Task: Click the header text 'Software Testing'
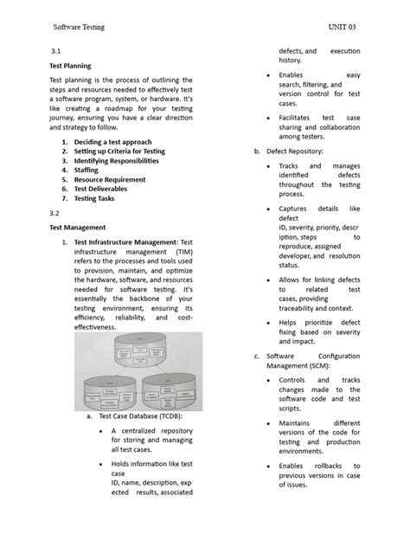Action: point(80,27)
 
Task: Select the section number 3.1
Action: point(54,52)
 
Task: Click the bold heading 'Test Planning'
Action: point(69,65)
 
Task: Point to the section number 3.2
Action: point(54,211)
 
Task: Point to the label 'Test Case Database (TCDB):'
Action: point(139,417)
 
